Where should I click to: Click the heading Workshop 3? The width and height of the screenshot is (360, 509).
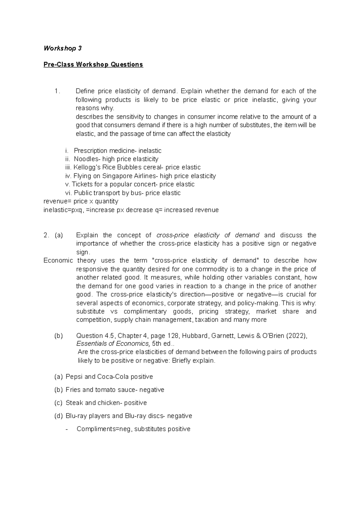pos(62,48)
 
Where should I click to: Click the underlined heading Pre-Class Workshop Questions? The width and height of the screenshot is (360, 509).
pos(93,64)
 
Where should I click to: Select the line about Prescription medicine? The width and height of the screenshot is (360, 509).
pos(117,150)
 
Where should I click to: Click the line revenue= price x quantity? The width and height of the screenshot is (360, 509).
pos(81,201)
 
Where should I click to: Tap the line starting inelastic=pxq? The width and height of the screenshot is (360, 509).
pos(131,210)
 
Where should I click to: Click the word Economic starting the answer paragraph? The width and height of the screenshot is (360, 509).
pos(58,260)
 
